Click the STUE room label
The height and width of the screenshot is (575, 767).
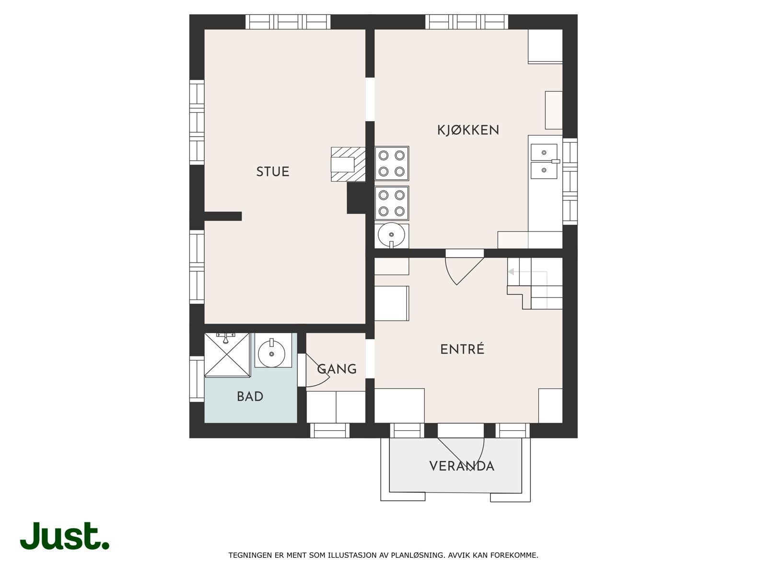[x=272, y=172]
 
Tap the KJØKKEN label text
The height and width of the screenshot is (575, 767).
[x=468, y=130]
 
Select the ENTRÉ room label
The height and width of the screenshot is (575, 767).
[x=462, y=349]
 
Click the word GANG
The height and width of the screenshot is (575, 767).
[x=337, y=369]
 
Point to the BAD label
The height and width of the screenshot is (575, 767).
[x=250, y=397]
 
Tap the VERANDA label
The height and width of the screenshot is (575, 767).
[x=461, y=466]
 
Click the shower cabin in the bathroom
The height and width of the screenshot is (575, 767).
[x=228, y=355]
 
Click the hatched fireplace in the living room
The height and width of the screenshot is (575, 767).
[x=348, y=164]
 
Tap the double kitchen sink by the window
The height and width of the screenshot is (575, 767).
[x=544, y=161]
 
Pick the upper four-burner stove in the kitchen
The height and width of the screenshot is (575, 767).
[x=392, y=163]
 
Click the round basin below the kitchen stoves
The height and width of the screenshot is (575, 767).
[x=392, y=235]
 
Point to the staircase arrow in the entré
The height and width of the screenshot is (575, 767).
[x=511, y=272]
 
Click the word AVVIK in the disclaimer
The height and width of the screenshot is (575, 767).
[x=458, y=555]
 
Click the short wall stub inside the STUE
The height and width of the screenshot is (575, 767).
[x=223, y=216]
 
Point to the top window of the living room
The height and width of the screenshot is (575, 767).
[x=288, y=22]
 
